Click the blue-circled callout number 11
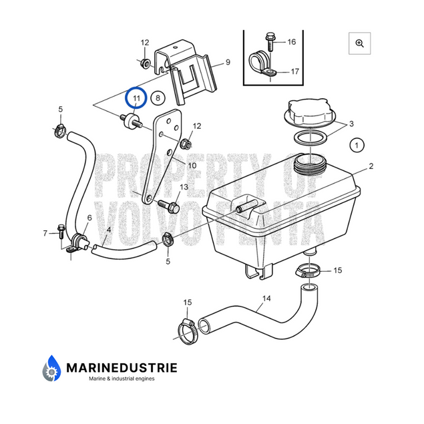point(136,99)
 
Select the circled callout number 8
point(158,99)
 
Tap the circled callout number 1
point(357,144)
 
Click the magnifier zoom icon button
point(359,43)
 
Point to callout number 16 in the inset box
point(291,41)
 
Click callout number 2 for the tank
point(371,166)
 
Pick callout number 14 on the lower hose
point(266,298)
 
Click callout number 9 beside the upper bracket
point(228,62)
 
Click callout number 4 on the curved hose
point(108,230)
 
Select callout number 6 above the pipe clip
point(89,218)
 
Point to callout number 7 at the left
point(46,233)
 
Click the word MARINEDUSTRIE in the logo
point(122,367)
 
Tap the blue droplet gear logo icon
point(52,369)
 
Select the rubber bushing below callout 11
point(130,121)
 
